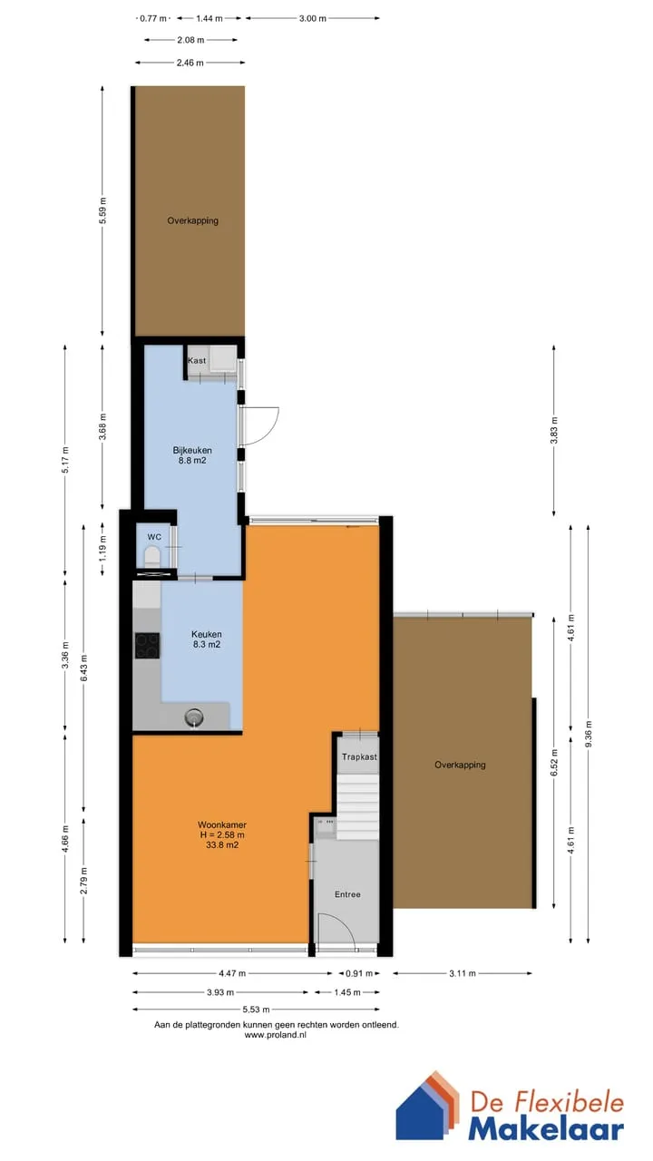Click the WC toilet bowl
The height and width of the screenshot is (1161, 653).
coord(153,557)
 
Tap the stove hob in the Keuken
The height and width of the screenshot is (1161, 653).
coord(147,646)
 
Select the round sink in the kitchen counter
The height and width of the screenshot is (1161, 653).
coord(194,717)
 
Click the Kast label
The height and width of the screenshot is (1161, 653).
coord(197,361)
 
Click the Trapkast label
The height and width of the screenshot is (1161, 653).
coord(359,756)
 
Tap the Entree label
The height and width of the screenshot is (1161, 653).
coord(347,894)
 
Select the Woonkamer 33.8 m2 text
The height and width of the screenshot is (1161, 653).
coord(222,834)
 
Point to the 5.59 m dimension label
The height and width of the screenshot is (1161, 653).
coord(102,211)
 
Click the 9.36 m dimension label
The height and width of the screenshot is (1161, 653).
coord(589,734)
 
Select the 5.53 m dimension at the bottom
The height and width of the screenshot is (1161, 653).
coord(256,1010)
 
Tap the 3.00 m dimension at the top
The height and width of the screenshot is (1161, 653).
coord(313,18)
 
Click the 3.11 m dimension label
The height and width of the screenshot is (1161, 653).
coord(463,973)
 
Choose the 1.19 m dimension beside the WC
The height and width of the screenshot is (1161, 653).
coord(102,548)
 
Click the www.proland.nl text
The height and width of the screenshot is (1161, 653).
coord(276,1035)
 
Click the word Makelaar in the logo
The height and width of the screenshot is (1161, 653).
coord(546,1129)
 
